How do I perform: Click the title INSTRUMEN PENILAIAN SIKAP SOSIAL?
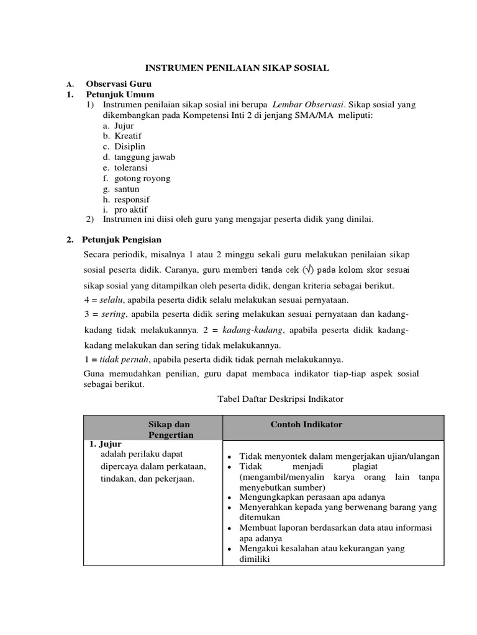[237, 68]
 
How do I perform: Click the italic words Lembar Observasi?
[307, 105]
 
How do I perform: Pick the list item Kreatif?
[128, 136]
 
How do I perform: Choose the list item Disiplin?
[129, 146]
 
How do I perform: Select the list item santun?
[127, 189]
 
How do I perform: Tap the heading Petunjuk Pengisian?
[122, 239]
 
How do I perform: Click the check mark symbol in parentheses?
[308, 270]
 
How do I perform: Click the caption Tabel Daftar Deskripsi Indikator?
[280, 399]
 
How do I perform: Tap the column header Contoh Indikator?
[306, 424]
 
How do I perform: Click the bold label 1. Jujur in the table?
[105, 444]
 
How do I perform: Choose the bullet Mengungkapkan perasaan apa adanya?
[312, 497]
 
